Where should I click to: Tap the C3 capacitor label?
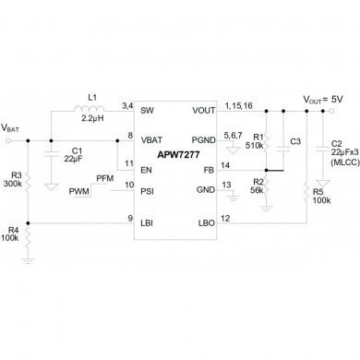(295, 142)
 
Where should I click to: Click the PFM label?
(129, 177)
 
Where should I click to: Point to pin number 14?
(227, 166)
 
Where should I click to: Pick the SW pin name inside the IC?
(147, 109)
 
